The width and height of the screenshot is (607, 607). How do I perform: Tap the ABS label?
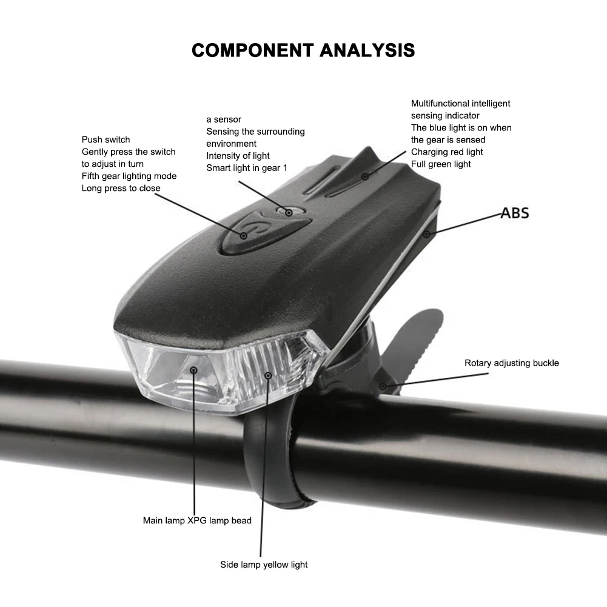(x=515, y=213)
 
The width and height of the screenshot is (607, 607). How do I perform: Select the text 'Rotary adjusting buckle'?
(x=512, y=363)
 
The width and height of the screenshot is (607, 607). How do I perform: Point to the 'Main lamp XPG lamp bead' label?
(x=197, y=520)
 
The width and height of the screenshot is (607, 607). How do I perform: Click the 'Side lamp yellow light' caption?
(x=264, y=565)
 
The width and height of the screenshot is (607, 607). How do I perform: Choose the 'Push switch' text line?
(x=106, y=139)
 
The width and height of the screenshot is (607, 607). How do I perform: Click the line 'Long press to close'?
(x=121, y=188)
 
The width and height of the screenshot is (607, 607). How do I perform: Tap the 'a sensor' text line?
(x=224, y=119)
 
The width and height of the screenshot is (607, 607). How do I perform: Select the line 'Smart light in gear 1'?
(x=247, y=168)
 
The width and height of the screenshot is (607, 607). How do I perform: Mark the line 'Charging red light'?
(x=447, y=152)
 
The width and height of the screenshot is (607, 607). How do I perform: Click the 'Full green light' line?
(x=441, y=164)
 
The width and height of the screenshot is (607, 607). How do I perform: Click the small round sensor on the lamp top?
(x=289, y=212)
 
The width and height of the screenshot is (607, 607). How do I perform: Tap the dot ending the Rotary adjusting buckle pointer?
(x=382, y=386)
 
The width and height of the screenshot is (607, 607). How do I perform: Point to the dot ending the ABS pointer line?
(x=426, y=233)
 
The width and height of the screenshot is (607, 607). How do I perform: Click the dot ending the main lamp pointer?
(x=194, y=369)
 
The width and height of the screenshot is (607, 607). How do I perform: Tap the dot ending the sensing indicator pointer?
(x=365, y=176)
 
